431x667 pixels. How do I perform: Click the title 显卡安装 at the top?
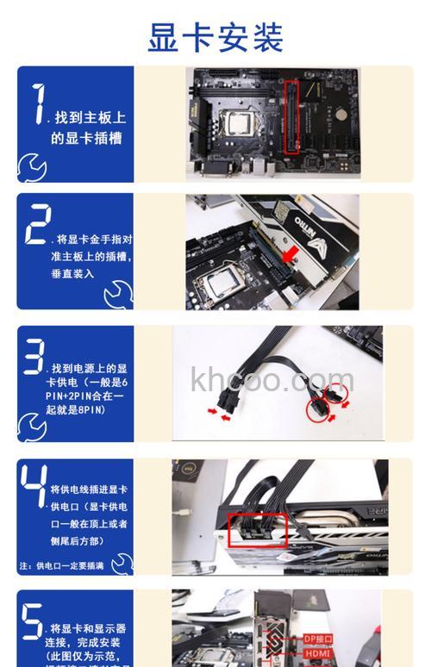(x=215, y=36)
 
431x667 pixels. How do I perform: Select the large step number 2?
(x=37, y=225)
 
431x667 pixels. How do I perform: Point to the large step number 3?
(x=34, y=358)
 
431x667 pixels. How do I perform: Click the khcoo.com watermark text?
(x=272, y=378)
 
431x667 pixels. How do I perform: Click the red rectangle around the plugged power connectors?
(x=256, y=530)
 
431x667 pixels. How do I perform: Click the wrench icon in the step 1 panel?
(x=32, y=165)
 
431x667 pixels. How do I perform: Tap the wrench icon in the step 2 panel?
(x=117, y=296)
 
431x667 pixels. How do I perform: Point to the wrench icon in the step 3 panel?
(x=32, y=426)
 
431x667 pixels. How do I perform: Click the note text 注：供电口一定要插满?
(x=62, y=566)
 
